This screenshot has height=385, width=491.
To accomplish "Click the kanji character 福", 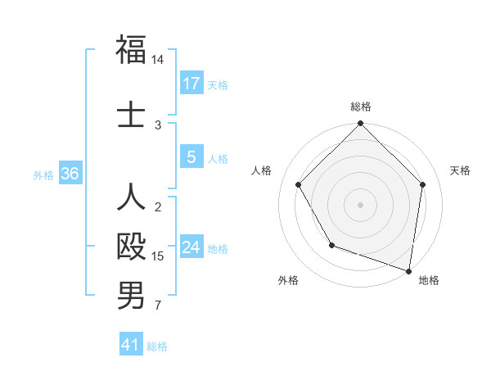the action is pyautogui.click(x=131, y=50).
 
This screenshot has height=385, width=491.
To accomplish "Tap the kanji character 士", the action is pyautogui.click(x=131, y=112).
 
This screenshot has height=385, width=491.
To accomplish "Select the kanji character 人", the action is pyautogui.click(x=131, y=197).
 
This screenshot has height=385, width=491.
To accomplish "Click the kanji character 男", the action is pyautogui.click(x=131, y=296).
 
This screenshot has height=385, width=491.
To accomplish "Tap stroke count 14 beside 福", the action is pyautogui.click(x=158, y=61).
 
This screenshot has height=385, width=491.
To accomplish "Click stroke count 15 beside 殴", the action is pyautogui.click(x=158, y=256).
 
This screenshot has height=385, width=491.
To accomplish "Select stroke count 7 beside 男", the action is pyautogui.click(x=158, y=306).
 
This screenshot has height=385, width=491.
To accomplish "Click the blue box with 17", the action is pyautogui.click(x=191, y=84).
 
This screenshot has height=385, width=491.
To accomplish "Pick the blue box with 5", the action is pyautogui.click(x=191, y=157).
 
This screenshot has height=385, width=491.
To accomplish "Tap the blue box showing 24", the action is pyautogui.click(x=191, y=247).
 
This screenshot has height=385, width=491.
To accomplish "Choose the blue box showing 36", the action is pyautogui.click(x=70, y=174).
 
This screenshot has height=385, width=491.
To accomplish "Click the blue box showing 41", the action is pyautogui.click(x=131, y=345).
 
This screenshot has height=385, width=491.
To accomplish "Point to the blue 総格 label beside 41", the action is pyautogui.click(x=157, y=346).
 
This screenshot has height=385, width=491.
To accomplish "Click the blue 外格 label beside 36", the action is pyautogui.click(x=43, y=175).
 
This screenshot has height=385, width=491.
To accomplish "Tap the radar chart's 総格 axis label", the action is pyautogui.click(x=360, y=106).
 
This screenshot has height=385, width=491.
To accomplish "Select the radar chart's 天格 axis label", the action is pyautogui.click(x=460, y=170).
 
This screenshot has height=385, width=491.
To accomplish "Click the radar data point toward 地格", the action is pyautogui.click(x=409, y=270).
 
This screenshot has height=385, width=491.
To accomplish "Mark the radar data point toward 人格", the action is pyautogui.click(x=299, y=185).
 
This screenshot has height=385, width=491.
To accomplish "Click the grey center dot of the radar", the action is pyautogui.click(x=360, y=204).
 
